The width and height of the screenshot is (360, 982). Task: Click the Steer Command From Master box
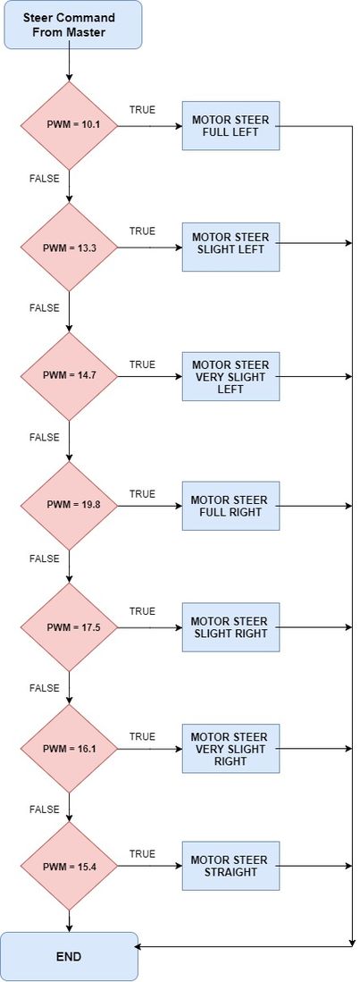tap(73, 24)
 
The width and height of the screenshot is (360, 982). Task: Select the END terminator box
tap(69, 956)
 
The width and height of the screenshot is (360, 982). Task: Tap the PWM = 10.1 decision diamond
tap(69, 125)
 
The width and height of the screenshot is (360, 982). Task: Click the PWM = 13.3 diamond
tap(69, 248)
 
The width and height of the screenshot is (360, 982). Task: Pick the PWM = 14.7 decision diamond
tap(69, 376)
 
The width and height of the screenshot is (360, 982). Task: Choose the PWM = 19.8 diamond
tap(69, 506)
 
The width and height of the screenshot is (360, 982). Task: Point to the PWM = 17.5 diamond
tap(69, 627)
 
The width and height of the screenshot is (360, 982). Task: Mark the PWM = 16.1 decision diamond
tap(69, 749)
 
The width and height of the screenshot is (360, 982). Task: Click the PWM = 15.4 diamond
tap(69, 866)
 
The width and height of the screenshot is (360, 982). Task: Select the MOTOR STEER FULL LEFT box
tap(231, 126)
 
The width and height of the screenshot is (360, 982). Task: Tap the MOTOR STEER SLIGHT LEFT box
tap(231, 248)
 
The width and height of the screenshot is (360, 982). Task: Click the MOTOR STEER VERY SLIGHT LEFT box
tap(231, 376)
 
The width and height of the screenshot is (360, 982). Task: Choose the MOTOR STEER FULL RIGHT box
tap(231, 506)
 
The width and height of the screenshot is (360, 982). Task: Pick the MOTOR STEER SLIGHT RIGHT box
tap(231, 627)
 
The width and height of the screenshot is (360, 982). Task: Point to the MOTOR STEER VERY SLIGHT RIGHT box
tap(231, 749)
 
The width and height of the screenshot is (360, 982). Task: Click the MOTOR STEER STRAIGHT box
tap(231, 866)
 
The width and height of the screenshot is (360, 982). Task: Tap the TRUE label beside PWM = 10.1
tap(142, 110)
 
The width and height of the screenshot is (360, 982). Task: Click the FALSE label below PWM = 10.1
tap(45, 179)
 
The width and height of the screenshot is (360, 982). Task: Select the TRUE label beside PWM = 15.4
tap(142, 853)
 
